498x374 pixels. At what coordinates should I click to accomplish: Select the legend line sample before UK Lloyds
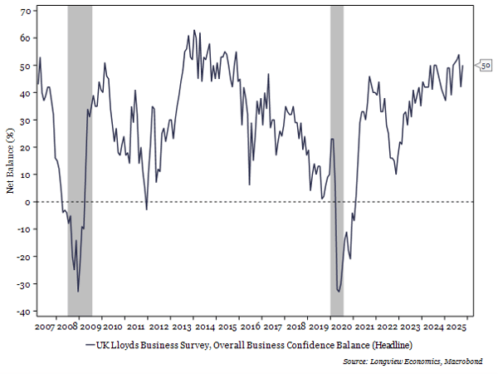click(x=90, y=344)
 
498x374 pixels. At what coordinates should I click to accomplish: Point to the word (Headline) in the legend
click(x=390, y=344)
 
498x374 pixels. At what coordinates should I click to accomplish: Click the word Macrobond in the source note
click(x=466, y=362)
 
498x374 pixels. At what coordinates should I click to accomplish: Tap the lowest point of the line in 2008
click(x=79, y=291)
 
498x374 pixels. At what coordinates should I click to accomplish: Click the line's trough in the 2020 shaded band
click(x=339, y=291)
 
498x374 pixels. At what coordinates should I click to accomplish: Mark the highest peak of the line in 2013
click(x=194, y=31)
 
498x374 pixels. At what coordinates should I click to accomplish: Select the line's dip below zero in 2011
click(x=147, y=209)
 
